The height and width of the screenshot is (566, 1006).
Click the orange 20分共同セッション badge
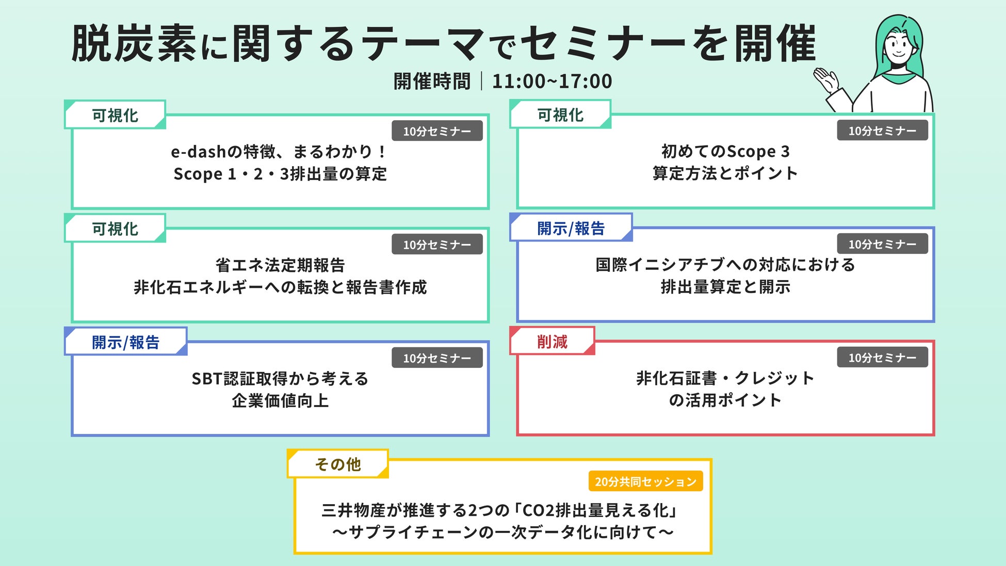coord(645,481)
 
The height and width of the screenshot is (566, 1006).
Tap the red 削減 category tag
coord(552,342)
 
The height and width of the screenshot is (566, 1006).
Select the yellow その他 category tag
coord(338,464)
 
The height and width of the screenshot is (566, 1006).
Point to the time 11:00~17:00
coord(552,82)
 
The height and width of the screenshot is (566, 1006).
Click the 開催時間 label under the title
coord(432,82)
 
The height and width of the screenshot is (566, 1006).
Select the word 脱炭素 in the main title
coord(134,44)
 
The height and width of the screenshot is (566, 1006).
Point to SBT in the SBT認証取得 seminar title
coord(207,379)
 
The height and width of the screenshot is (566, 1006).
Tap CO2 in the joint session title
coord(538,510)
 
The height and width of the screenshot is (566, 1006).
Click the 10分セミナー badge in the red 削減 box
coord(882,358)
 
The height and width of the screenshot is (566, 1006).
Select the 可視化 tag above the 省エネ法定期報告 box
coord(115,229)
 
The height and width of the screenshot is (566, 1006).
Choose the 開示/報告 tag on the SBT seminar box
coord(125,342)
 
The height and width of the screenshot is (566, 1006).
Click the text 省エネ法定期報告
coord(280,265)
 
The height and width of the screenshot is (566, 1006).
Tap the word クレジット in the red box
coord(775,378)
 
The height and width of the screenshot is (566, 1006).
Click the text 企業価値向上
coord(280,401)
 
